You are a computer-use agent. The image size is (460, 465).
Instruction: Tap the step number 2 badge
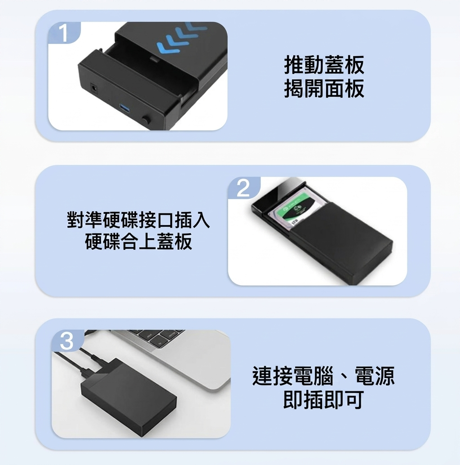244,188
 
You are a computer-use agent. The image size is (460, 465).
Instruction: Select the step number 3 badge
67,341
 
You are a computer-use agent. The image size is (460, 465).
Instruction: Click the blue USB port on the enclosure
124,109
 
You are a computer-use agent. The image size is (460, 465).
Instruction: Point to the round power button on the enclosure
146,120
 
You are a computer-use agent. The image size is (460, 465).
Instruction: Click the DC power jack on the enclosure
94,88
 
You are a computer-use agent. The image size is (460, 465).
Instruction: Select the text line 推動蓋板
324,65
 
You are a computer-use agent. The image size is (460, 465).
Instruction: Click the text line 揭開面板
324,89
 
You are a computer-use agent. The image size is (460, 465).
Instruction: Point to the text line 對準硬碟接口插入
138,219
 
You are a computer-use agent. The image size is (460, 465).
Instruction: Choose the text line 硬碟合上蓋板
138,241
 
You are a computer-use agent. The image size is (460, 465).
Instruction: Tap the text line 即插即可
323,400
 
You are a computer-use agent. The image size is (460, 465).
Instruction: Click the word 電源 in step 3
375,376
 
